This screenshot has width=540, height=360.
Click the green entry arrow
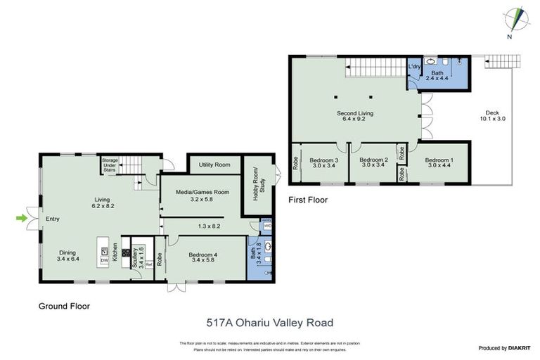pos(22,218)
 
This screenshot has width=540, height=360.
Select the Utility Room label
pos(214,165)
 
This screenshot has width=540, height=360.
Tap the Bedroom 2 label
pos(373,160)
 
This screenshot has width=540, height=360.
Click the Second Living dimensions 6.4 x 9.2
pos(355,119)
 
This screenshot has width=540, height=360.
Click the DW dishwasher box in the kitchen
pos(104,260)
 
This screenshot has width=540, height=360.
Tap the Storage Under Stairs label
pos(110,165)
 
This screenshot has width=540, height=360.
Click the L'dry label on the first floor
pos(414,66)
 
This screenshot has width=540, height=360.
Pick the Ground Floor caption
pos(64,306)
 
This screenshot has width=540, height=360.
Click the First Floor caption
pos(308,200)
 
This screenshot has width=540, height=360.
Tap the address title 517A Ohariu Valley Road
pos(269,323)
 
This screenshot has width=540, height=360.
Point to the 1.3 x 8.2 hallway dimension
pos(210,226)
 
